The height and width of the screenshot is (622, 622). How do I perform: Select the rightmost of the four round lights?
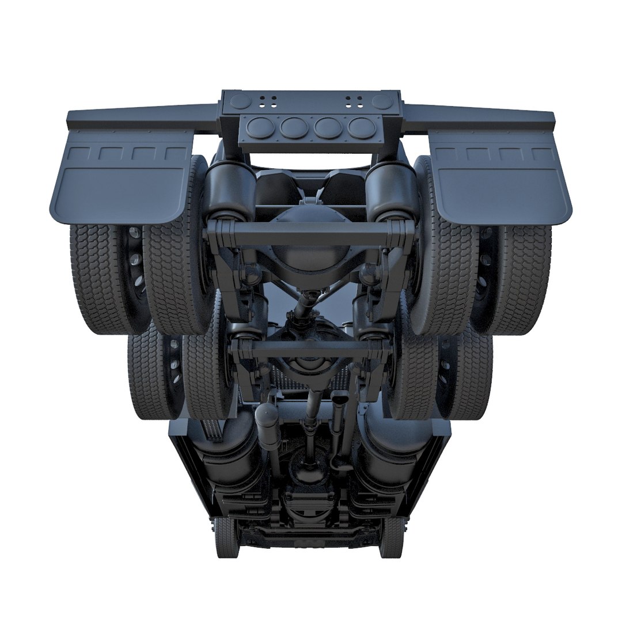click(361, 128)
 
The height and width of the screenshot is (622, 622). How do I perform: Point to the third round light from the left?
click(327, 128)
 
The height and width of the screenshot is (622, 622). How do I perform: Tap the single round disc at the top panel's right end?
click(382, 101)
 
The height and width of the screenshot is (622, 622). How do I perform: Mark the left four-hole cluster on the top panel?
click(267, 101)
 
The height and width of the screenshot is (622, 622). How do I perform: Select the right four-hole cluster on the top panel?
click(354, 101)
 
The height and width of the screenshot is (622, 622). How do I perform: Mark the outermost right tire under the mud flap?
click(527, 276)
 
